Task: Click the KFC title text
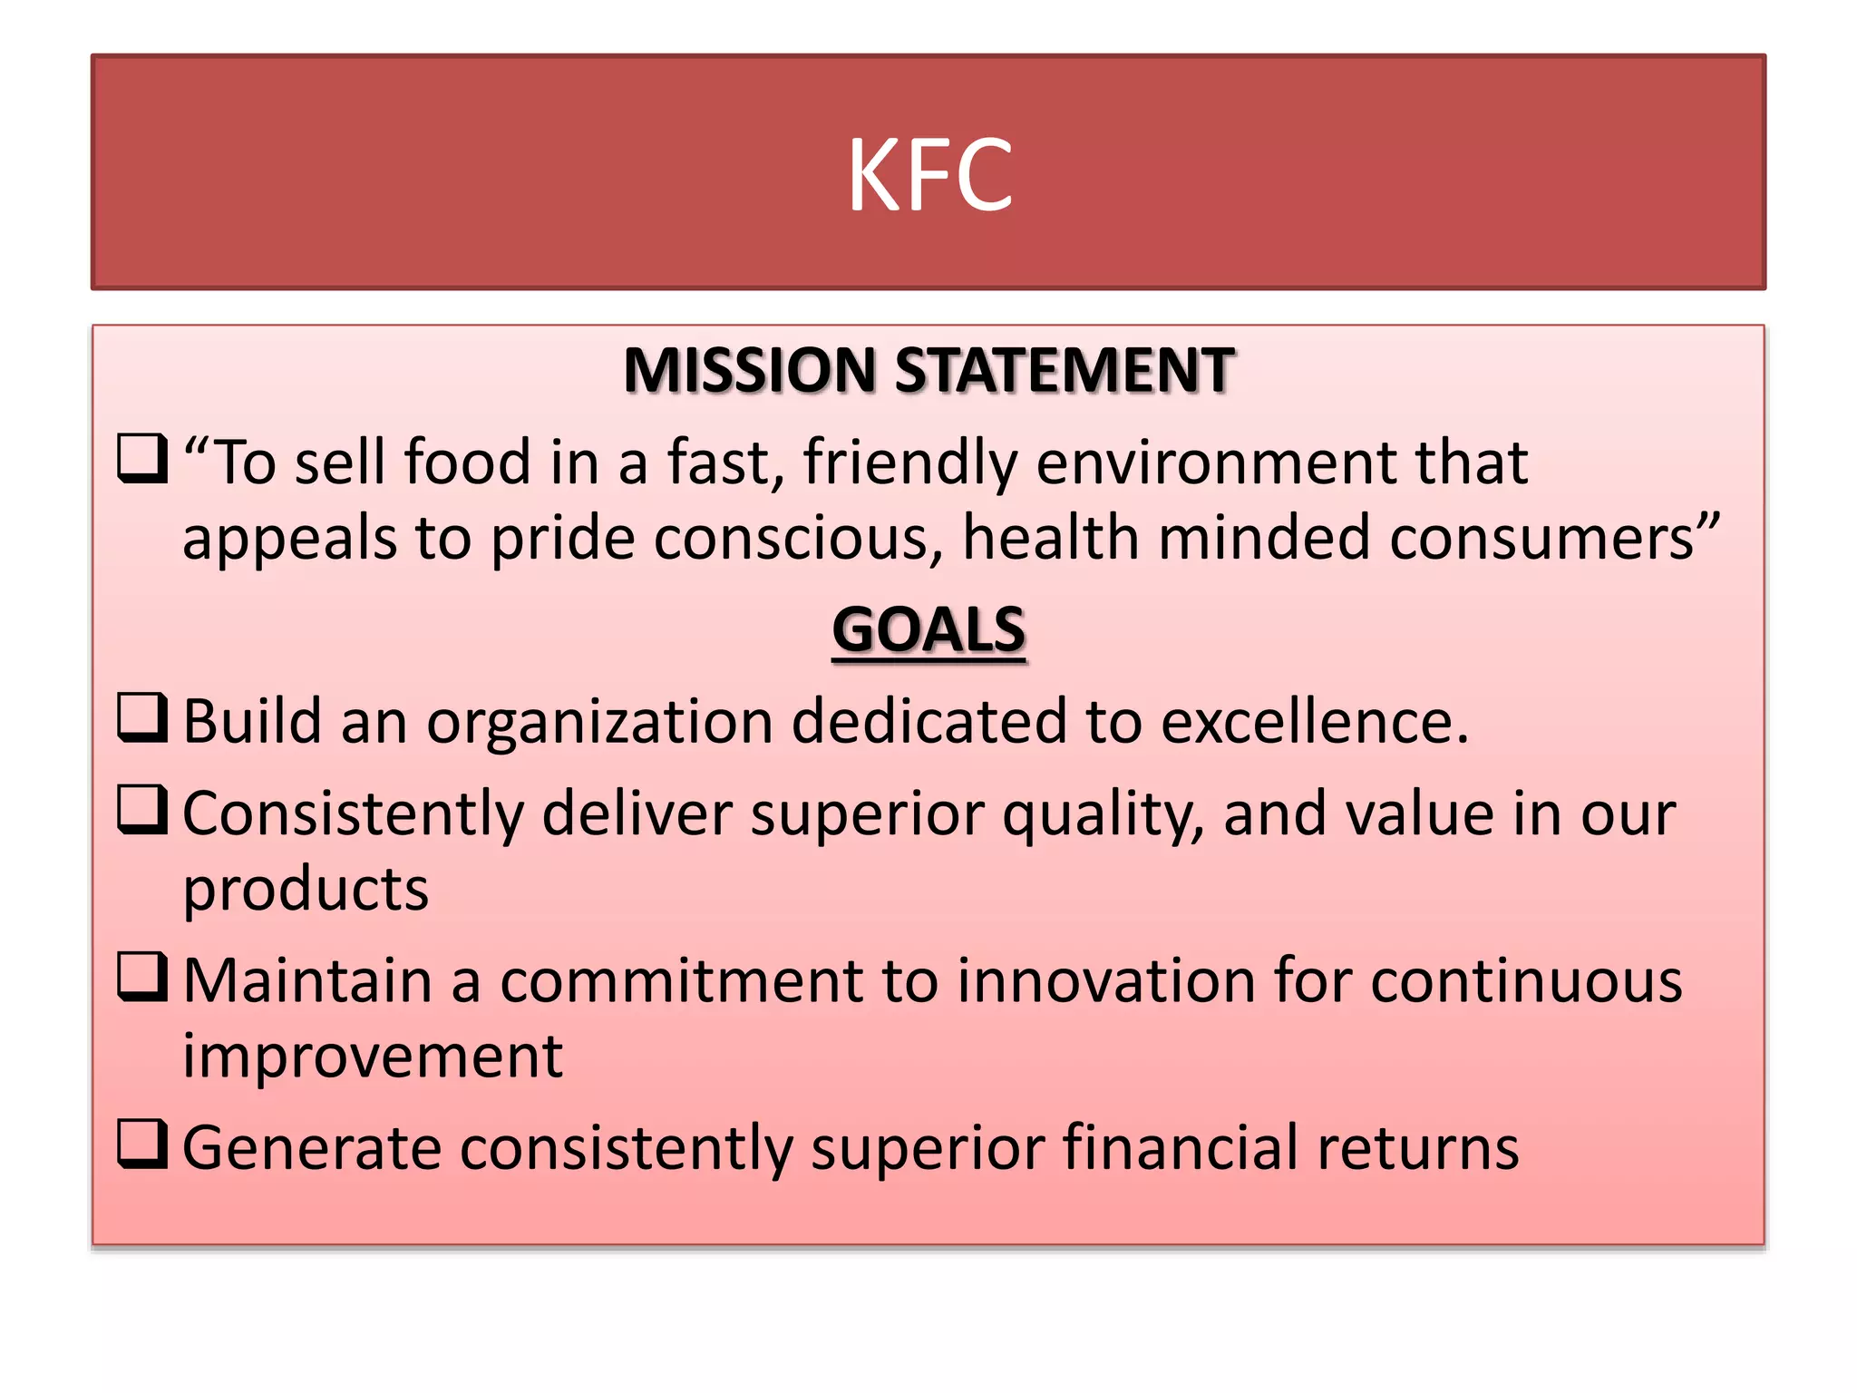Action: pyautogui.click(x=929, y=174)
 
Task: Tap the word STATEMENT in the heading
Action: pyautogui.click(x=1065, y=371)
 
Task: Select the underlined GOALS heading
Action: pyautogui.click(x=928, y=629)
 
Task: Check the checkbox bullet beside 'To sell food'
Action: pyautogui.click(x=142, y=458)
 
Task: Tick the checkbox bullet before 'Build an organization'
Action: pyautogui.click(x=142, y=717)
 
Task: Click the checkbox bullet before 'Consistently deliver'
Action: pyautogui.click(x=142, y=809)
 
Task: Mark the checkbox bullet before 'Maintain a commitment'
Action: pyautogui.click(x=142, y=977)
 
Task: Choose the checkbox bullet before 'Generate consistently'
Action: pyautogui.click(x=142, y=1144)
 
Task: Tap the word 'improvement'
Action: pyautogui.click(x=373, y=1057)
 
